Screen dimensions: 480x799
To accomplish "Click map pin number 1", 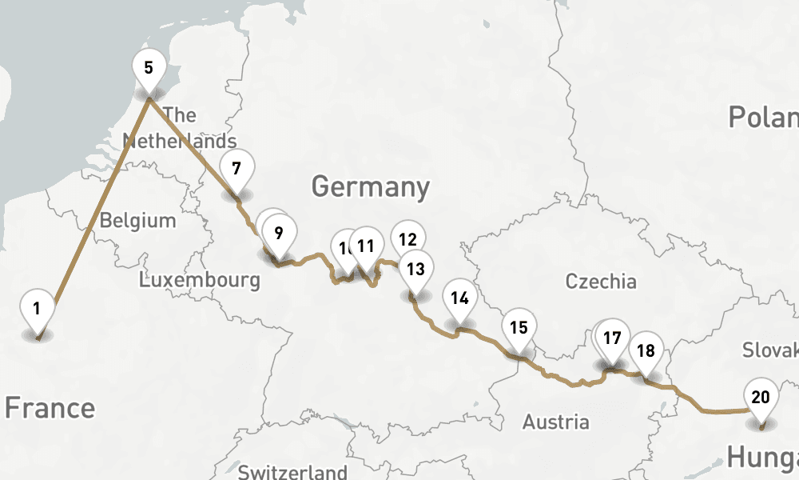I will pos(37,308).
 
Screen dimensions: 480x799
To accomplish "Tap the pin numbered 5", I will pos(149,67).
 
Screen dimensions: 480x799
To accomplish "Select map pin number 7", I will pos(237,169).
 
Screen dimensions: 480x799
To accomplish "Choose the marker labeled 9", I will pos(278,234).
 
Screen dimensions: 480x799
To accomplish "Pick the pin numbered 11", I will pos(367,246).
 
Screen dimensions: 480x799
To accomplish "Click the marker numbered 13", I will pos(415,269).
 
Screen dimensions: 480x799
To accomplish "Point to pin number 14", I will pos(459,298).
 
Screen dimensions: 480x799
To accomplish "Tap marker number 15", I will pos(519,327).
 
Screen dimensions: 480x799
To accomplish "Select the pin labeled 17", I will pos(612,338).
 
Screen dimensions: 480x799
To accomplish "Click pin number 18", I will pos(646,350).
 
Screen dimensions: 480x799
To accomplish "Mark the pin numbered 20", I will pos(761,397).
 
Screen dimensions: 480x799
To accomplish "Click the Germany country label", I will pos(370,187).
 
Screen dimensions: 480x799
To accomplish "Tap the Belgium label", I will pos(137,220).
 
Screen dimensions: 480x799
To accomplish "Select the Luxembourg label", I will pos(199,280).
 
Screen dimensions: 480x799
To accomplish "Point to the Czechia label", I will pos(601,281).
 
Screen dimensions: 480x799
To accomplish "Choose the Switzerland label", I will pos(292,472).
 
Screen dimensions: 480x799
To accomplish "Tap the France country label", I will pos(50,408).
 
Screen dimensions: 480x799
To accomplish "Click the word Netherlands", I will pos(180,142).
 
